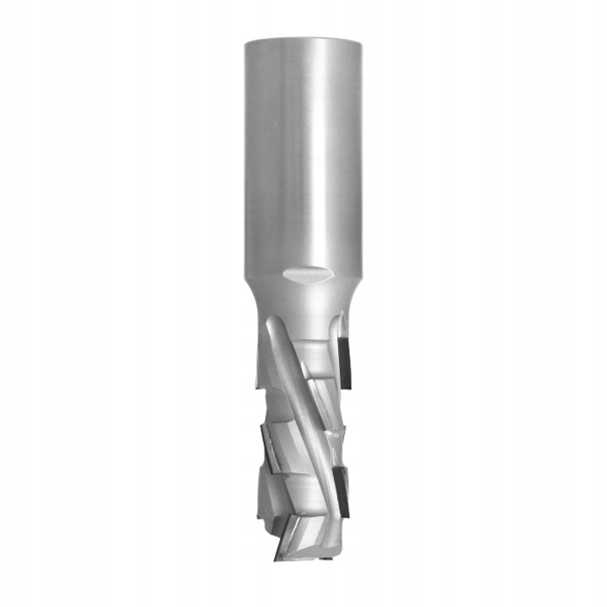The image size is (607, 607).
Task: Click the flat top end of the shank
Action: (x=303, y=40)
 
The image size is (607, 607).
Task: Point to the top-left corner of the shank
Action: (x=246, y=42)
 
